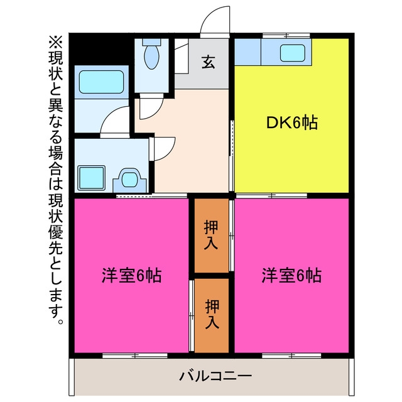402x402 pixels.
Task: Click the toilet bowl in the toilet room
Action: click(x=152, y=57)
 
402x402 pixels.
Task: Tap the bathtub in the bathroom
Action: click(x=101, y=82)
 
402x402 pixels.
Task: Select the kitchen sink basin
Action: click(x=293, y=53)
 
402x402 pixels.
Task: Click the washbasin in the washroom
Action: click(x=130, y=179)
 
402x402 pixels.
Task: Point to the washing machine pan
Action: click(x=91, y=178)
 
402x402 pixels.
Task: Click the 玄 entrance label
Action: click(x=208, y=62)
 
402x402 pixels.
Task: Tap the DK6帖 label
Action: click(x=292, y=122)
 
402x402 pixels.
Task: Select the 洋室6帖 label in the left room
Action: click(x=131, y=275)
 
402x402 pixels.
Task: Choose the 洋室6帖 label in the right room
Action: click(x=291, y=275)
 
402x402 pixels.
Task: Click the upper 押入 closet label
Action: click(x=211, y=235)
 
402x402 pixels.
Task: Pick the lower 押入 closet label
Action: click(x=212, y=314)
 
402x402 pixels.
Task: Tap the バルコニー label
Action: click(x=215, y=376)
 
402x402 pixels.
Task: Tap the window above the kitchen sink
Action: click(x=286, y=35)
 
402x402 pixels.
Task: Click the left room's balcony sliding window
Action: click(x=135, y=356)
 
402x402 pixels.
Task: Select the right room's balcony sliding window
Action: click(x=291, y=356)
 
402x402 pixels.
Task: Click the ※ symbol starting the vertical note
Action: click(x=55, y=42)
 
